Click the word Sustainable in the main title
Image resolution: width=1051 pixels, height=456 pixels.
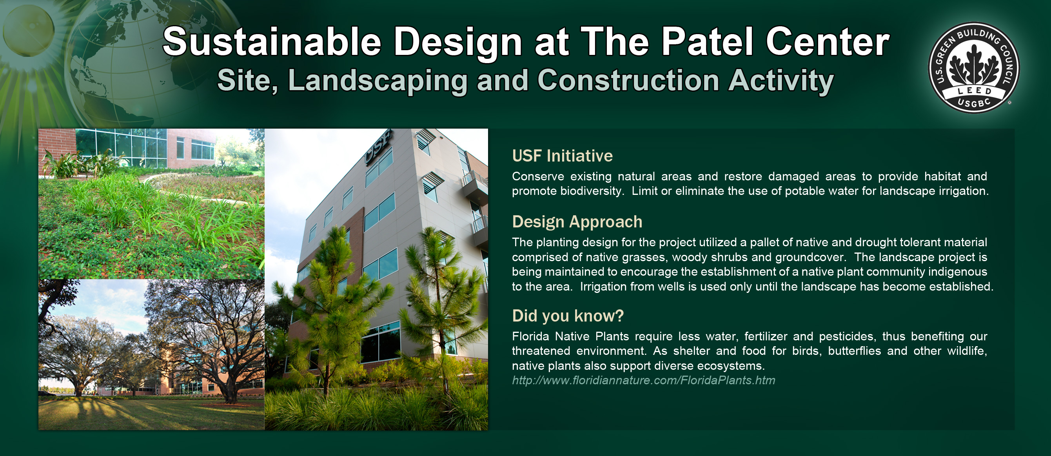pos(272,42)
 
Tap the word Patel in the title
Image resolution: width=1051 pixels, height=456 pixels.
pos(707,42)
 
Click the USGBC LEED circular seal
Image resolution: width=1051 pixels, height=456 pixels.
pos(974,67)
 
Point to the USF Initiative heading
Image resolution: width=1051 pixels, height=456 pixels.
pos(562,156)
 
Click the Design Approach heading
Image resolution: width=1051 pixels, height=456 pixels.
pos(577,222)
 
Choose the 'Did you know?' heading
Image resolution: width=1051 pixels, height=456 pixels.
pos(568,316)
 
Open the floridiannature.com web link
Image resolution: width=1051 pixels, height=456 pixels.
pos(643,380)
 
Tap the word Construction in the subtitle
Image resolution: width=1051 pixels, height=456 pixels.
pos(628,80)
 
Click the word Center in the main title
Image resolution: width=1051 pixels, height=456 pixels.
pos(828,42)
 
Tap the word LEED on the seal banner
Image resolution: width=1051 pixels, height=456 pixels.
pos(975,90)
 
